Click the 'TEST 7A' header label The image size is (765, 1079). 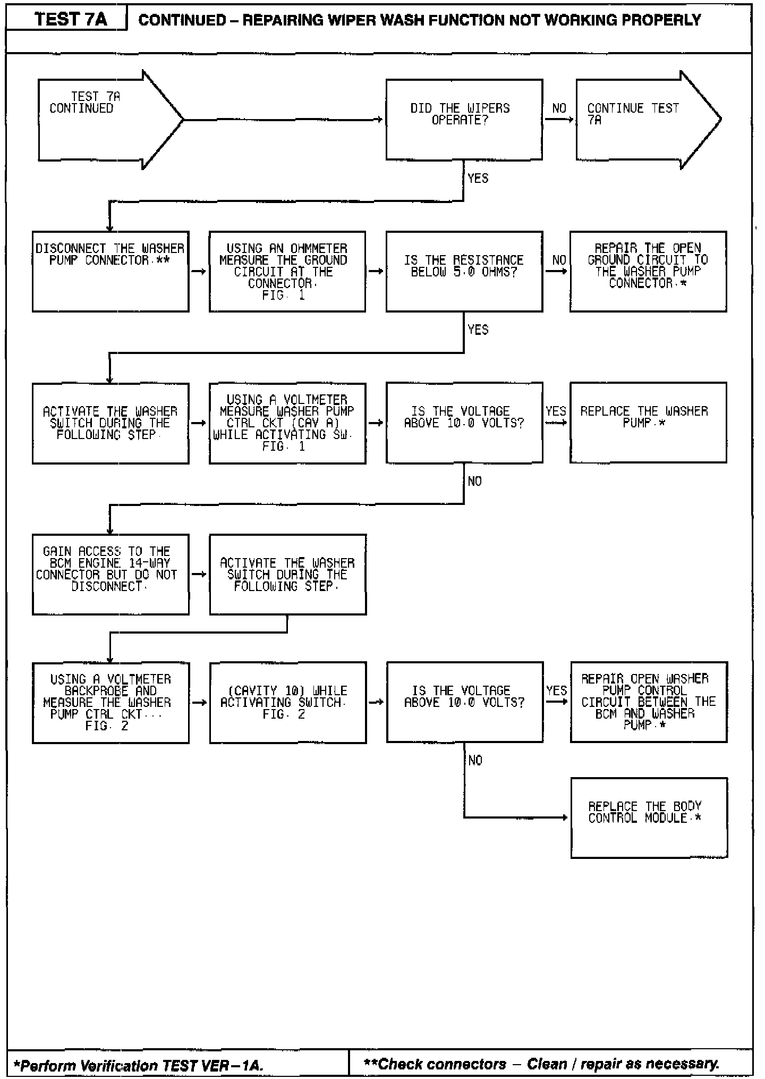(71, 20)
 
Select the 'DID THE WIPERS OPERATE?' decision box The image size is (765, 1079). (464, 120)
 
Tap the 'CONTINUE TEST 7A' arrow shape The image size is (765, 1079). (643, 120)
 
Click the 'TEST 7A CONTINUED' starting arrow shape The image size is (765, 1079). (106, 120)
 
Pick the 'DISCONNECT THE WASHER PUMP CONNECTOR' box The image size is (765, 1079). (110, 271)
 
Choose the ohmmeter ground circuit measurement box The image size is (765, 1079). (287, 271)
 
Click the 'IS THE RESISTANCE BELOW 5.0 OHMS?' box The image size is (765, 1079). (464, 271)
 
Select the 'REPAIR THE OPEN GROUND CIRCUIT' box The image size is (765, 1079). (648, 271)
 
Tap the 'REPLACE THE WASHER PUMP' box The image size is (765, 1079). (648, 423)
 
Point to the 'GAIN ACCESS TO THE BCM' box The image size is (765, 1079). (110, 574)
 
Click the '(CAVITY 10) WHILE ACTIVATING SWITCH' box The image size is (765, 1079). (287, 702)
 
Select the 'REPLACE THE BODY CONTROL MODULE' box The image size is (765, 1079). (649, 817)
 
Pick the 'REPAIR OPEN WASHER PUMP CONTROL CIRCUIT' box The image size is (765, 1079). (648, 702)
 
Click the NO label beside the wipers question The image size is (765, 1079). (559, 108)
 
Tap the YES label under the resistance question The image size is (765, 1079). (478, 330)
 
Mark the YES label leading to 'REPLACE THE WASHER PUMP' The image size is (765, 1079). (556, 411)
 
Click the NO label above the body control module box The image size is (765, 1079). (475, 761)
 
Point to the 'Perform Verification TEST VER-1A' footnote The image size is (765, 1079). (138, 1066)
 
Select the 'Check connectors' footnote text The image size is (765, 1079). (541, 1064)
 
